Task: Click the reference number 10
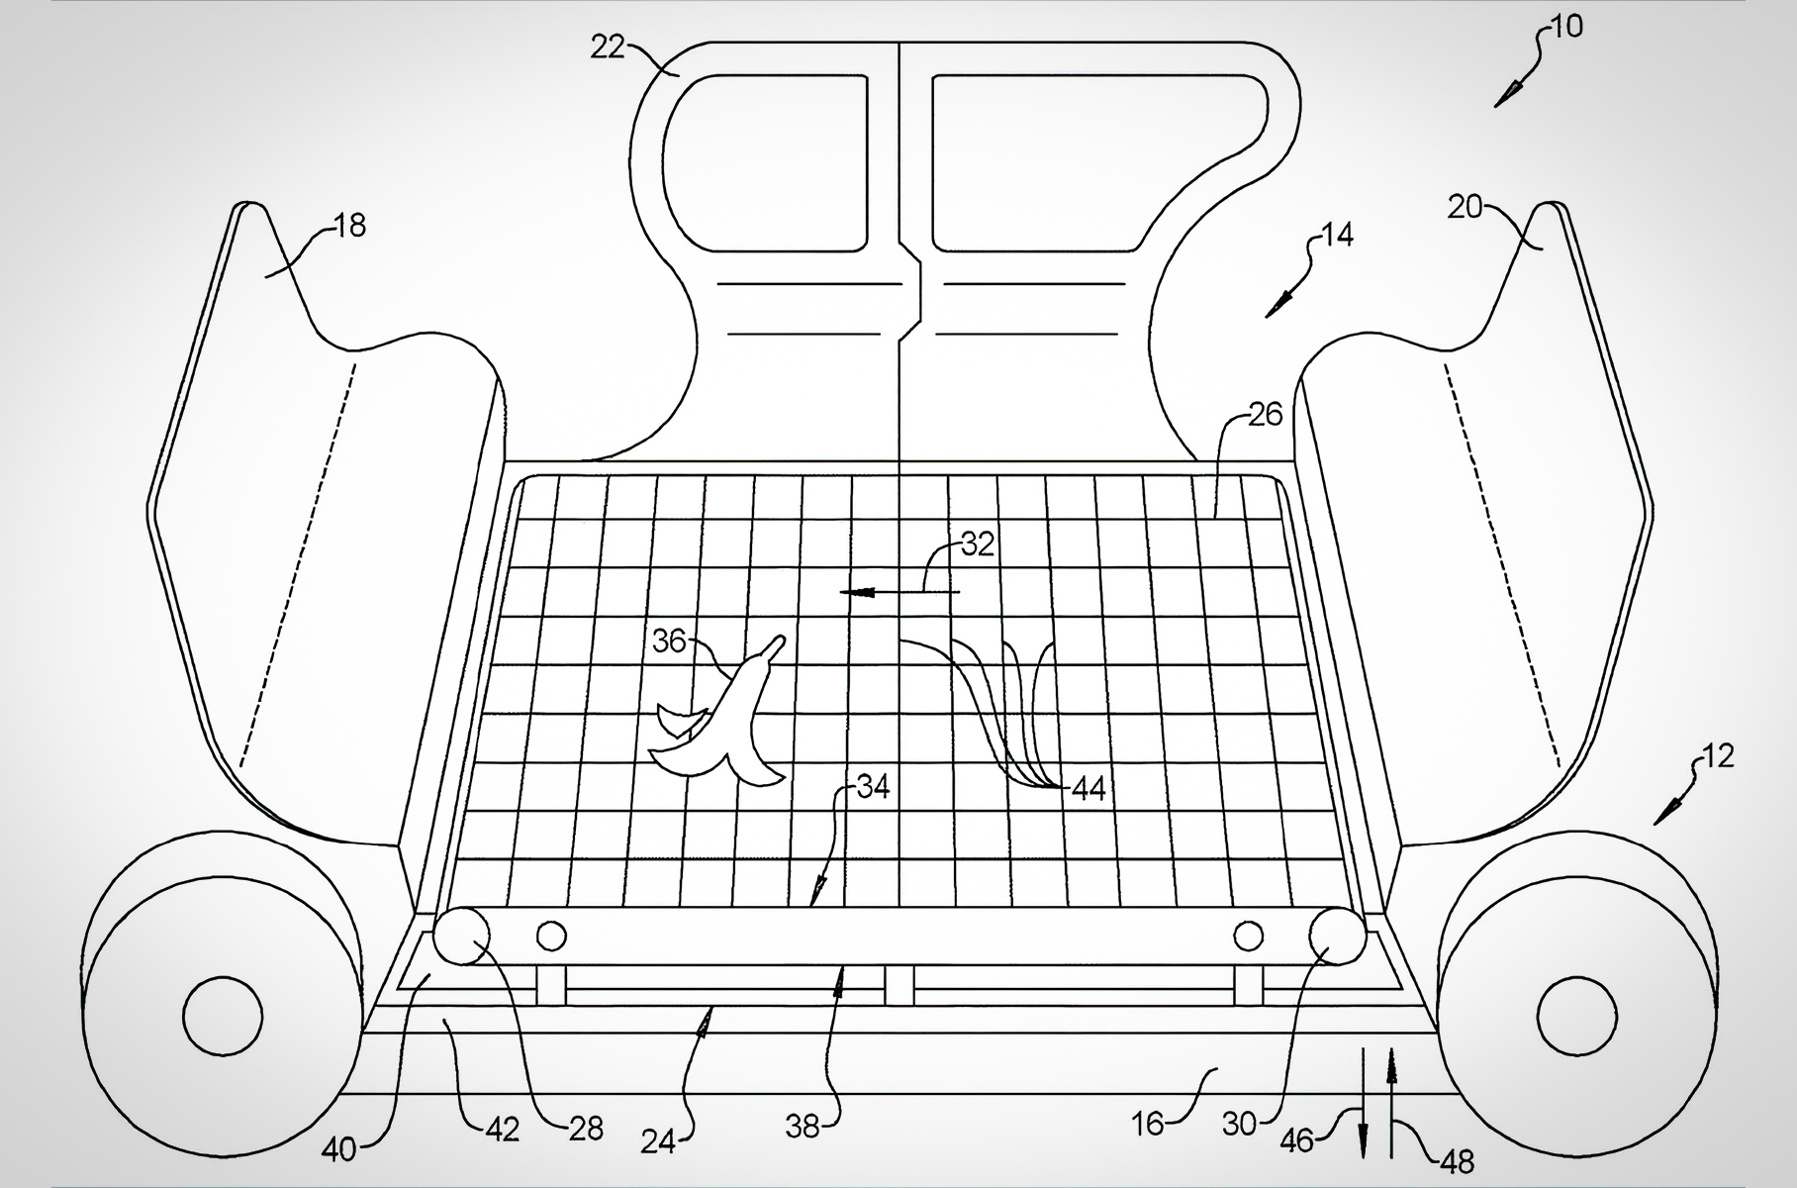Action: (x=1566, y=27)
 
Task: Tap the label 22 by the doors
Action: (x=608, y=47)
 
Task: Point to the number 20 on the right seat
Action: (x=1465, y=207)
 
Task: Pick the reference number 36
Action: (x=669, y=642)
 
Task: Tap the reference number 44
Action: (x=1088, y=789)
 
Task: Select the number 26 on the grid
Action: (x=1266, y=414)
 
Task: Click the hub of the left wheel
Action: (x=223, y=1015)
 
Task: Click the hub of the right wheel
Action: (x=1577, y=1015)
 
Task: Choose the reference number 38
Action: (x=803, y=1127)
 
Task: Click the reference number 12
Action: (x=1719, y=756)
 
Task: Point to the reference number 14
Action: (x=1337, y=236)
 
